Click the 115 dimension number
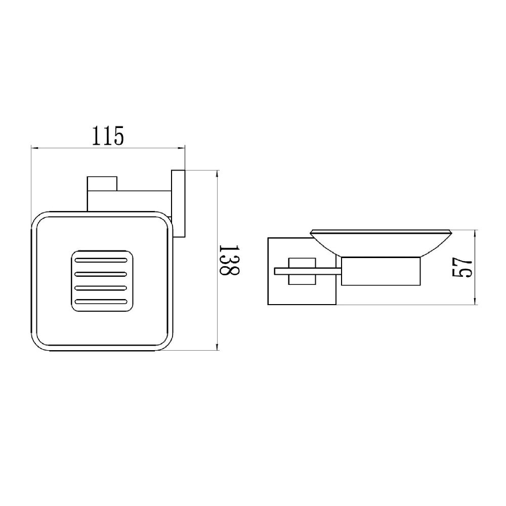point(108,136)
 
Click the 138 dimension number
point(229,260)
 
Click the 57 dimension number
point(462,268)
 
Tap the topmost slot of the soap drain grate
point(101,260)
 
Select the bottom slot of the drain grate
point(101,302)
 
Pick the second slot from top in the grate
point(101,274)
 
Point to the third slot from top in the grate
point(101,287)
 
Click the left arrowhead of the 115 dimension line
point(35,148)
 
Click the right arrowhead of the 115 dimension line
point(181,148)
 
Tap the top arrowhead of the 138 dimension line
point(217,174)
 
